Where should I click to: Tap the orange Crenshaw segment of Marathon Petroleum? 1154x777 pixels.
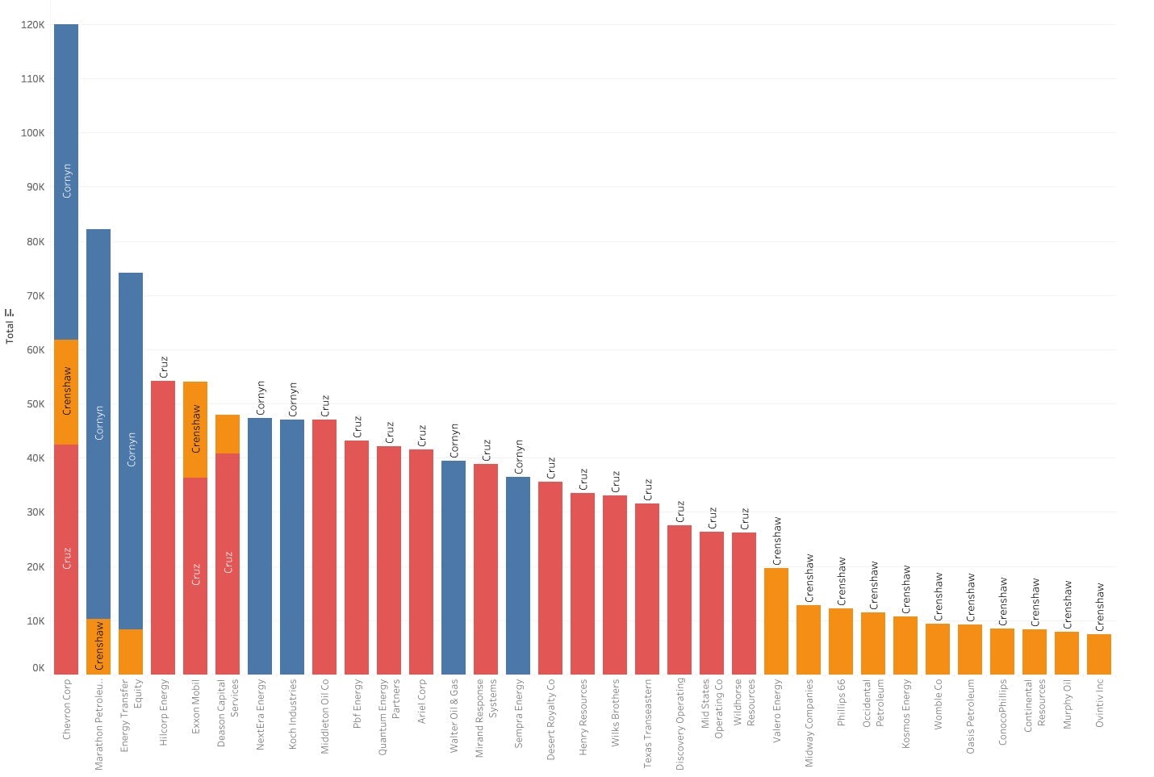click(x=98, y=646)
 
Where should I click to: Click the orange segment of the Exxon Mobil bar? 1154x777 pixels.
click(x=195, y=429)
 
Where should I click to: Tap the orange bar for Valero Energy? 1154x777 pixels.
click(x=776, y=620)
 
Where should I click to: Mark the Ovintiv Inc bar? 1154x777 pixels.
click(x=1099, y=654)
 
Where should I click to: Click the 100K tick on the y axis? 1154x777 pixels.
click(x=33, y=133)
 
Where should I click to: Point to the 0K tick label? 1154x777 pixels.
click(x=38, y=668)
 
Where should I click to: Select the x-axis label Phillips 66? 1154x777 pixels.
click(x=841, y=702)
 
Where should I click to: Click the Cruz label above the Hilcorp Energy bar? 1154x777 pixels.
click(x=164, y=367)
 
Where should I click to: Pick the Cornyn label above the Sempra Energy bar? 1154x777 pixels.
click(x=519, y=457)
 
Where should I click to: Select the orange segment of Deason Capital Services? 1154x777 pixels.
click(x=228, y=434)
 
